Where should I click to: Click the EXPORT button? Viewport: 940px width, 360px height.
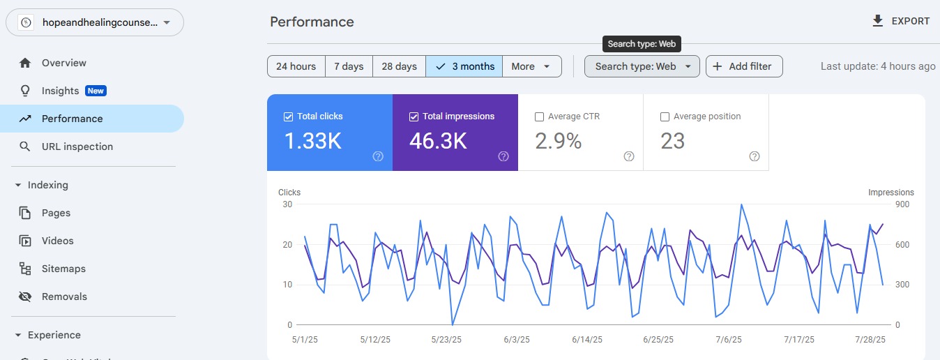coord(901,21)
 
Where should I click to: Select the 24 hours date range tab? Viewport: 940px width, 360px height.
coord(296,66)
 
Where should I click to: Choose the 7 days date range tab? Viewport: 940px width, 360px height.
coord(349,66)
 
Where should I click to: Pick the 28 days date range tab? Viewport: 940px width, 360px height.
coord(399,66)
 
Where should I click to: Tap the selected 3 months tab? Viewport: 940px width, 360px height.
coord(464,66)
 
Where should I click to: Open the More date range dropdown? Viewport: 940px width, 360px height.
coord(532,66)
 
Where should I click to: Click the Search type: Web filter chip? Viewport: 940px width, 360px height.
coord(642,66)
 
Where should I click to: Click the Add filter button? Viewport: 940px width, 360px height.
coord(743,66)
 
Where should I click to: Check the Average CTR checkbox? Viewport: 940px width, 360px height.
coord(539,117)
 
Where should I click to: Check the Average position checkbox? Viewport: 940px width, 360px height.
coord(665,117)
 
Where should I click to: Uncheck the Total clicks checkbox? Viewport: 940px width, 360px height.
coord(288,117)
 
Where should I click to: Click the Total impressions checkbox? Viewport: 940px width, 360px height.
coord(414,117)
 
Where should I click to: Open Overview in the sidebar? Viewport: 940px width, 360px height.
coord(63,63)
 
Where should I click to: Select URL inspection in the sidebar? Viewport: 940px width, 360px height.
coord(77,147)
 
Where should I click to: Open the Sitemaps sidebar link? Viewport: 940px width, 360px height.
coord(63,269)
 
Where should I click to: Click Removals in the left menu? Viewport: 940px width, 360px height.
coord(64,297)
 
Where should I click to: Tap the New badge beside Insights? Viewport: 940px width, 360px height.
coord(96,91)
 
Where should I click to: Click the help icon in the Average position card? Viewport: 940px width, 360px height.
coord(754,156)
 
